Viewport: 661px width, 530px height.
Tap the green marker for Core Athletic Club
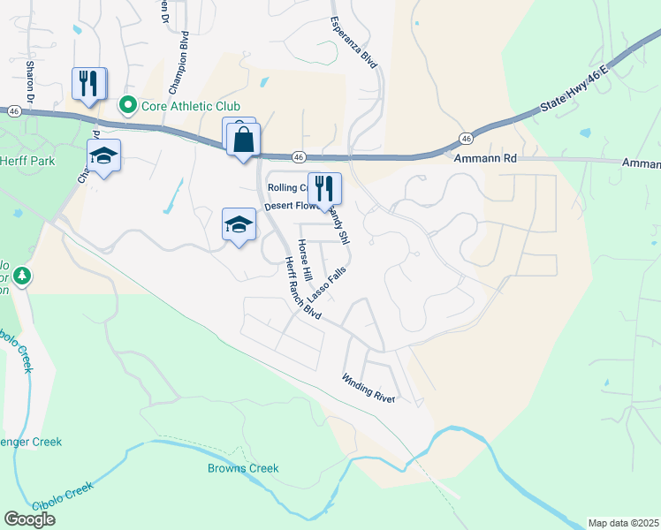click(x=128, y=107)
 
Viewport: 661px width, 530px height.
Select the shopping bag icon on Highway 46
click(x=243, y=140)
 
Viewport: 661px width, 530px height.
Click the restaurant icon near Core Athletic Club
click(x=88, y=84)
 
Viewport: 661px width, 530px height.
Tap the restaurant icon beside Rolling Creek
click(x=324, y=188)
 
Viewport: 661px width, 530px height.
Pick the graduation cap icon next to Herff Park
click(x=103, y=155)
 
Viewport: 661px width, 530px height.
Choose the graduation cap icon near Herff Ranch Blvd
click(x=239, y=225)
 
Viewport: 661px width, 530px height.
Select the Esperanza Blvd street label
click(x=353, y=42)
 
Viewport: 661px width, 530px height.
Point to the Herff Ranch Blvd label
click(x=301, y=288)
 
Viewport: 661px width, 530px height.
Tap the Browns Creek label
click(x=243, y=468)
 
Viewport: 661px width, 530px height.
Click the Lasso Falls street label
click(x=324, y=287)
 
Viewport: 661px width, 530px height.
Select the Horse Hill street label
click(x=305, y=261)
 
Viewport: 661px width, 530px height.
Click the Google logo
click(x=29, y=519)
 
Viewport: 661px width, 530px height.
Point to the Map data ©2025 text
click(x=623, y=523)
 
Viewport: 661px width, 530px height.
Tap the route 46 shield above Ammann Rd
click(x=465, y=138)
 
